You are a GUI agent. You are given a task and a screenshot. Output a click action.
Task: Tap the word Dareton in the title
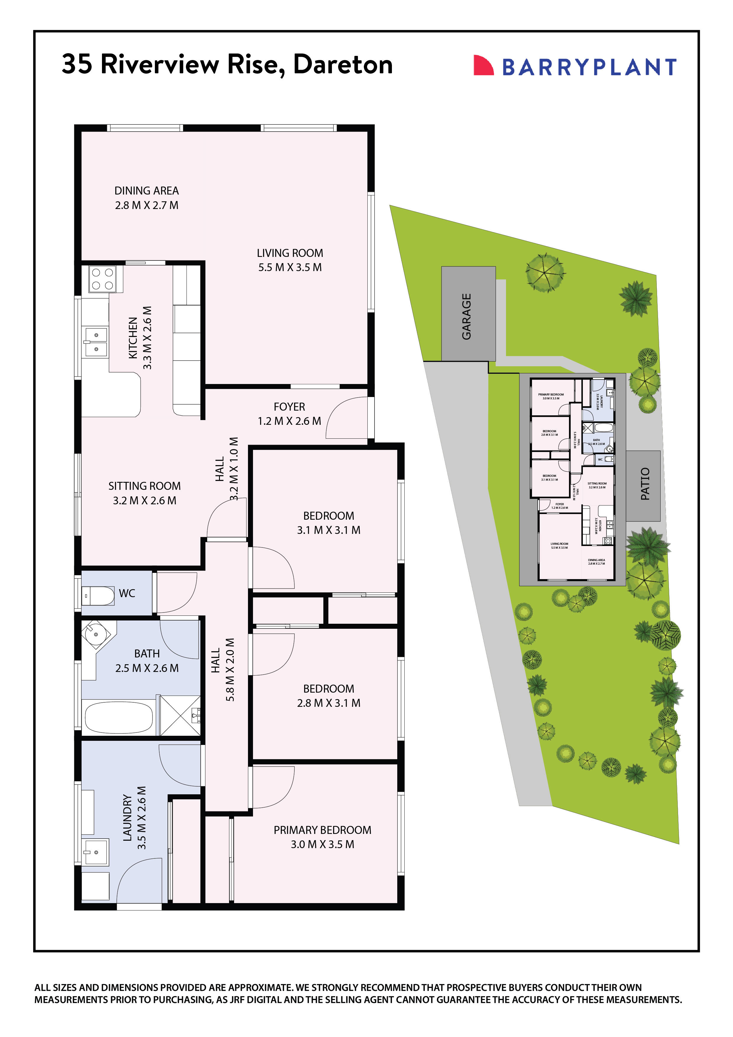[343, 64]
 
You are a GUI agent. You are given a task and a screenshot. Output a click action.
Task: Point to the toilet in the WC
[98, 596]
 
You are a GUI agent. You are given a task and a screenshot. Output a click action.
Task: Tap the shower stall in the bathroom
[181, 716]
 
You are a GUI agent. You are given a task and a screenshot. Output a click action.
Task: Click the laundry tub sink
[95, 852]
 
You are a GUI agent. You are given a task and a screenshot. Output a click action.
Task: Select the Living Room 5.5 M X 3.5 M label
[290, 260]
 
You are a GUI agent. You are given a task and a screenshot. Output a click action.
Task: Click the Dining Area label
[146, 198]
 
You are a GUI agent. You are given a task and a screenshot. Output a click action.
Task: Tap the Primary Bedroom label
[322, 837]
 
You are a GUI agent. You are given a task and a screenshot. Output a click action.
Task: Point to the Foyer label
[289, 414]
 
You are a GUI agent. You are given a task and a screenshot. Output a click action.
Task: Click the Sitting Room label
[145, 493]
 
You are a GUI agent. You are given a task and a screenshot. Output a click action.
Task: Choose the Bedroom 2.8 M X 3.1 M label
[328, 696]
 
